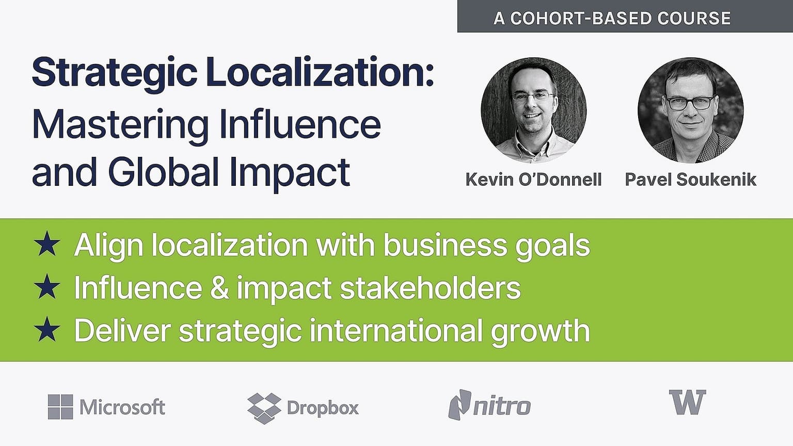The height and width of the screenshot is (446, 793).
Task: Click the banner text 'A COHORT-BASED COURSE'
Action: pos(612,18)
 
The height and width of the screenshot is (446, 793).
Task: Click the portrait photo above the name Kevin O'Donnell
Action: pos(533,110)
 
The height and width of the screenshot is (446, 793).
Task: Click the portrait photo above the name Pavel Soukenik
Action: pos(691,110)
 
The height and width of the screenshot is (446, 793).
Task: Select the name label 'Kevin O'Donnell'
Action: pos(533,180)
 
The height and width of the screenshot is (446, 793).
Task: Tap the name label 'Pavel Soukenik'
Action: pos(691,180)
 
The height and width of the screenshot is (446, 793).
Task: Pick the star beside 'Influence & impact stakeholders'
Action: pos(47,286)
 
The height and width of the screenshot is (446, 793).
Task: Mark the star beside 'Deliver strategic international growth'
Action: pos(47,329)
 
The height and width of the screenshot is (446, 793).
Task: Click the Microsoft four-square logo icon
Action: pos(60,407)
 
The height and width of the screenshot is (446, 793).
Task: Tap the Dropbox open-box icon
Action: pos(264,408)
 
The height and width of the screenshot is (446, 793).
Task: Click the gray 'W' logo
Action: pos(688,402)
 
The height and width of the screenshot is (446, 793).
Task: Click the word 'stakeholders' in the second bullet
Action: pos(430,288)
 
